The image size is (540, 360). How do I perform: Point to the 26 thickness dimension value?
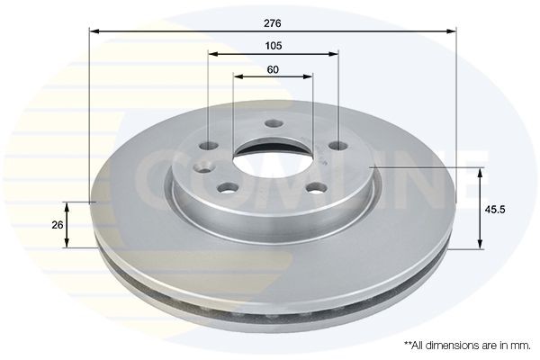58,225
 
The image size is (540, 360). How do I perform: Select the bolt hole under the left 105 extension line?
209,146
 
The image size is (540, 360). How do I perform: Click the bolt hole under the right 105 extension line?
337,145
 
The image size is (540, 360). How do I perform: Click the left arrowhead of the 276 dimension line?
94,31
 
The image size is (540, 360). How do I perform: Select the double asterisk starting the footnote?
408,345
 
